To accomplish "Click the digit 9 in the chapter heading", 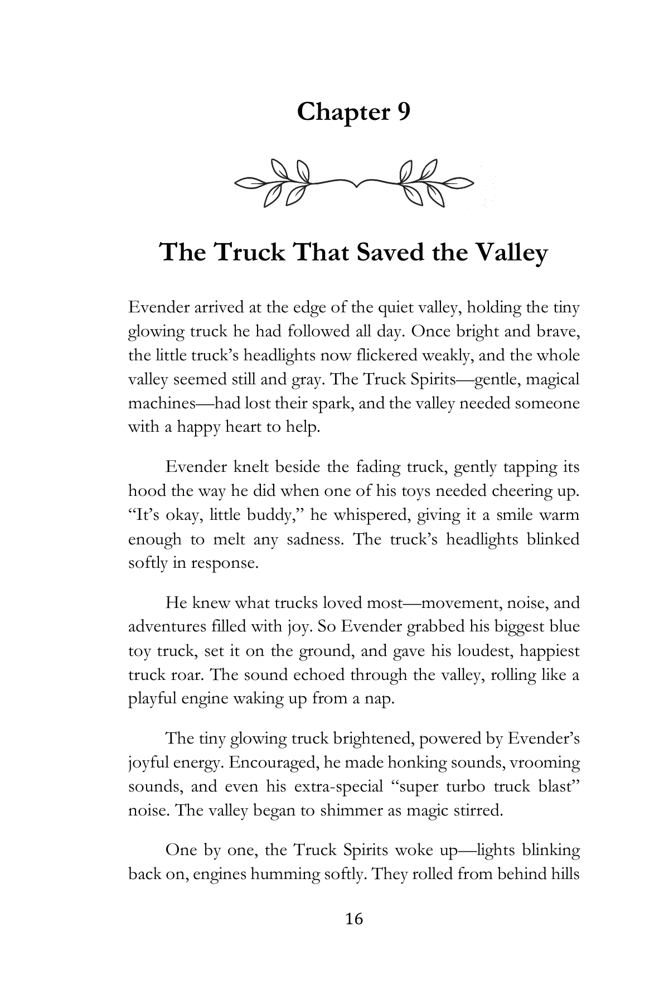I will pos(403,112).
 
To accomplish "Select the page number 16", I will pos(354,919).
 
